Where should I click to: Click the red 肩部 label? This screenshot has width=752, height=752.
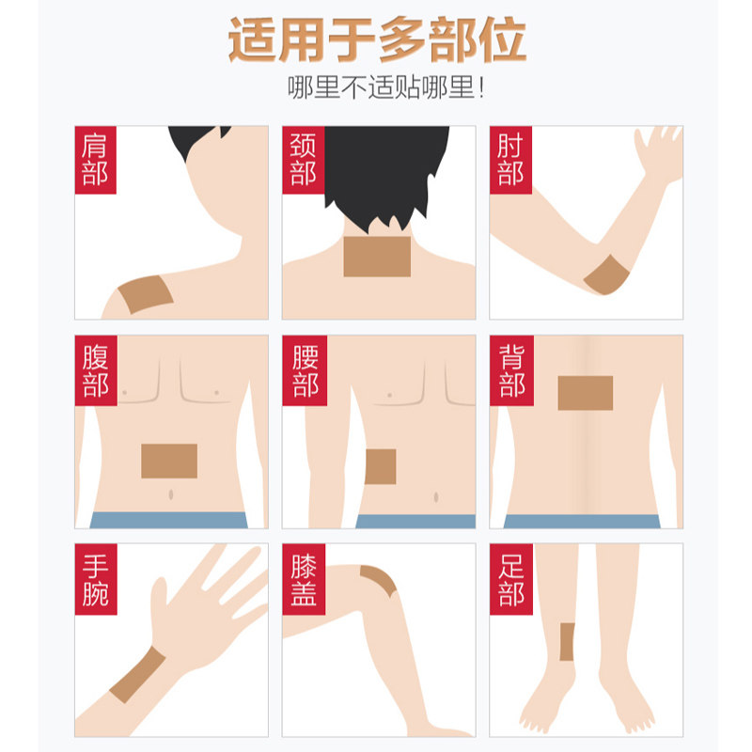(95, 161)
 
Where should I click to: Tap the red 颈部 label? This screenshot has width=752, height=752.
(303, 161)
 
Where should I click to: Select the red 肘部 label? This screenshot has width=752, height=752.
(510, 161)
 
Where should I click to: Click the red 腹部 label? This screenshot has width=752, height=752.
(95, 370)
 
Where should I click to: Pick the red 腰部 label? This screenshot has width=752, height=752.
(303, 370)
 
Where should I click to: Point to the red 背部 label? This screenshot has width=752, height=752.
(510, 370)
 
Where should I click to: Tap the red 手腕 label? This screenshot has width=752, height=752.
(95, 579)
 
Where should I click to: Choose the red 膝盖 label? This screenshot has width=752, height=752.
(303, 579)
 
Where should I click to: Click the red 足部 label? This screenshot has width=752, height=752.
(510, 579)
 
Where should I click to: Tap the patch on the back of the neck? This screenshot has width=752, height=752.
(377, 257)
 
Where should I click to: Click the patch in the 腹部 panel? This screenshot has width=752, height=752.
(169, 461)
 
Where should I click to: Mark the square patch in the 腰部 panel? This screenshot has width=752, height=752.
(381, 466)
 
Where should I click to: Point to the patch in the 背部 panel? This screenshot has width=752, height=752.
(585, 393)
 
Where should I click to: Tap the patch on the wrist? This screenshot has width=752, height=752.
(137, 675)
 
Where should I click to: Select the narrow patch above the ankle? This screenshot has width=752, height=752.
(567, 642)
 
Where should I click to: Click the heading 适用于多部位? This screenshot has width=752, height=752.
(376, 39)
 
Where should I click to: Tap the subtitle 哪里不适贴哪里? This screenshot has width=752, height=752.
(388, 91)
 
